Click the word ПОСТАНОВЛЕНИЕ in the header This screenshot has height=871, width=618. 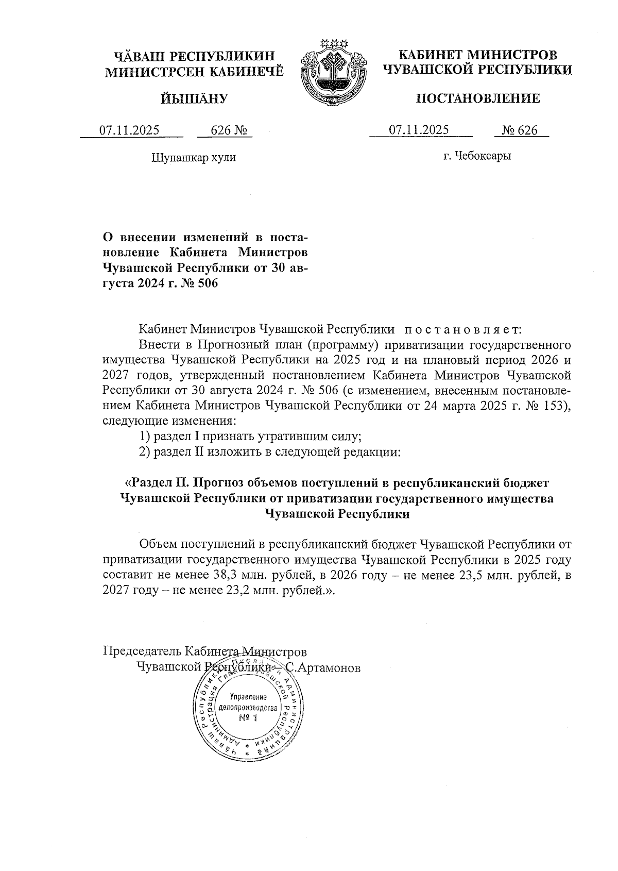478,98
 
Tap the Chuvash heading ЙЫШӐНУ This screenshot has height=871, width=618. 194,98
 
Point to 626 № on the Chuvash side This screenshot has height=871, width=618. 225,130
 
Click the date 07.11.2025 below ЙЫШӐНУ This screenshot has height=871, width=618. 129,130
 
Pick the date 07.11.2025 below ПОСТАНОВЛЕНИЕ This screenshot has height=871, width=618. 419,130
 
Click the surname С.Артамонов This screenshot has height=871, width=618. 323,668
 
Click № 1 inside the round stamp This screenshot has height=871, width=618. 248,718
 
